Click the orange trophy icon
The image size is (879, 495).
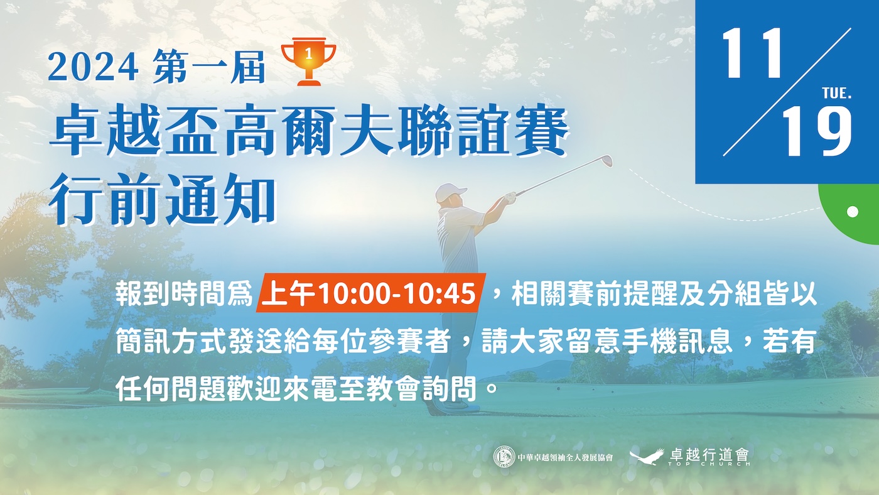pos(308,62)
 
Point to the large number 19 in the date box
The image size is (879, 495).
pos(817,132)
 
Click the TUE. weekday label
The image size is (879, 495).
pos(836,94)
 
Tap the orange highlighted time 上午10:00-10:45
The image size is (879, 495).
pos(371,293)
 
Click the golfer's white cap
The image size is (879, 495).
pos(450,192)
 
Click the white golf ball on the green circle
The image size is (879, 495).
pos(853,212)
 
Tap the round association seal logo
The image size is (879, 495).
pos(504,457)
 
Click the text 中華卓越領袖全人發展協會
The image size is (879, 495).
pos(566,457)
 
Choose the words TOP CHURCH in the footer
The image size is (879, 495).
pos(709,464)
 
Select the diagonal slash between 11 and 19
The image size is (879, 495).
pos(787,92)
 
